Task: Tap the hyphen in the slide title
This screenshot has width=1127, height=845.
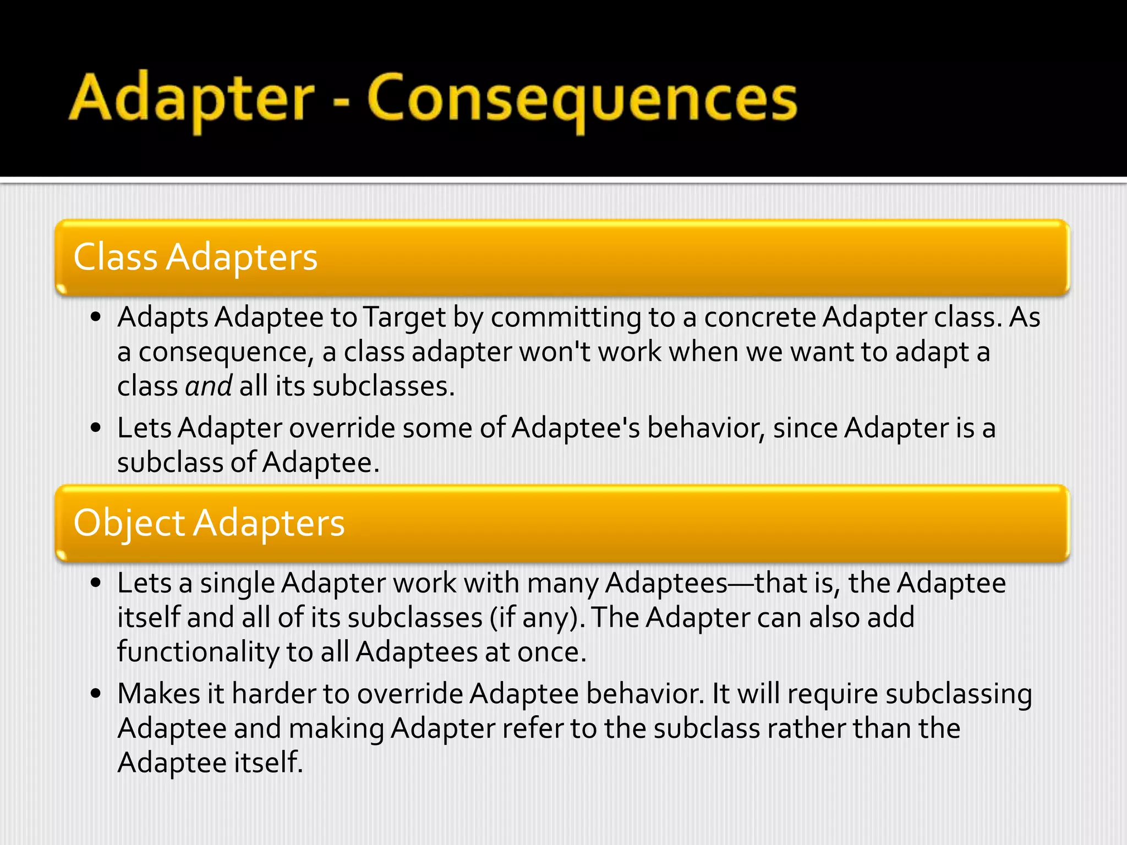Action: (x=341, y=102)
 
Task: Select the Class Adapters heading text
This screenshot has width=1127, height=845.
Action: (x=195, y=257)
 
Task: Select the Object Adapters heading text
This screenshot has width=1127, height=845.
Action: (x=209, y=523)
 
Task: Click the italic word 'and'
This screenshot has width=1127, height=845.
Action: (x=209, y=386)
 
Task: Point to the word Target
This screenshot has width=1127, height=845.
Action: (x=404, y=317)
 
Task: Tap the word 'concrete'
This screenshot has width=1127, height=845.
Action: (x=760, y=317)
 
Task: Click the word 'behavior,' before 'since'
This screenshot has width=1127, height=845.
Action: (x=706, y=428)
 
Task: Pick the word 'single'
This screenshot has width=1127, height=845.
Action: (x=237, y=583)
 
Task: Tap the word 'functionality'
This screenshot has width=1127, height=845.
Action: (x=198, y=652)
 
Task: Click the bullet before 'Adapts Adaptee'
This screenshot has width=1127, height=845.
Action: (x=96, y=317)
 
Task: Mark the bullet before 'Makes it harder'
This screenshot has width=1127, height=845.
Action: (x=96, y=694)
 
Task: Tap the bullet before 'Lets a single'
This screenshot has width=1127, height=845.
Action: (x=96, y=583)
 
